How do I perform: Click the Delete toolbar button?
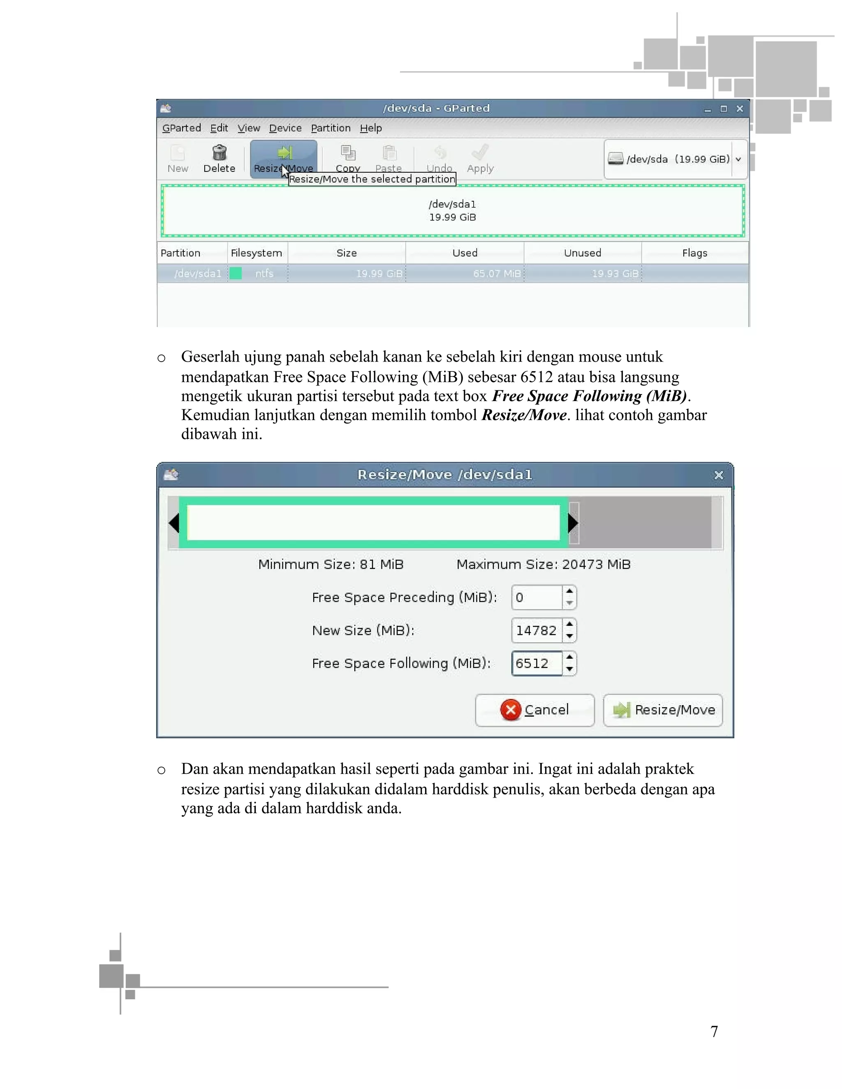(x=219, y=159)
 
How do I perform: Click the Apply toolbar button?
(x=480, y=159)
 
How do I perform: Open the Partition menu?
(x=330, y=128)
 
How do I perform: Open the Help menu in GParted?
(x=370, y=128)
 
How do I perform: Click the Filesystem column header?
(x=257, y=253)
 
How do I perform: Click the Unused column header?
(x=582, y=253)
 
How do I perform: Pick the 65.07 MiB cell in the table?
(x=496, y=274)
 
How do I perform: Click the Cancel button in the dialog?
(x=535, y=710)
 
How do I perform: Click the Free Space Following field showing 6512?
(x=537, y=663)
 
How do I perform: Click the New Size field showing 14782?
(x=537, y=630)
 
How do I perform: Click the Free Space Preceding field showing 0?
(x=537, y=598)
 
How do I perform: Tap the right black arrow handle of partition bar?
(x=573, y=523)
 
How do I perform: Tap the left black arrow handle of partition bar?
(x=174, y=523)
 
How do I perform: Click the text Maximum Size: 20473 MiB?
(x=543, y=565)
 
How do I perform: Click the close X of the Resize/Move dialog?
(x=718, y=475)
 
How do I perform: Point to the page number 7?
(x=714, y=1031)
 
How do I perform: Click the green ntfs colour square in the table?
(x=236, y=274)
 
